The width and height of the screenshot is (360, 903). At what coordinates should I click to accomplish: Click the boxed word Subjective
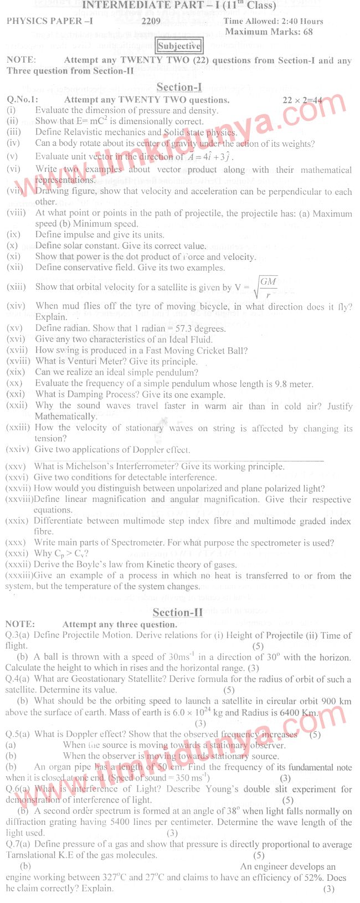pos(179,46)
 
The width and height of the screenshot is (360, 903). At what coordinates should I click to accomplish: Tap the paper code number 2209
pos(151,22)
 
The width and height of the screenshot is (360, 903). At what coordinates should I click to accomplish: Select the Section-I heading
pos(179,87)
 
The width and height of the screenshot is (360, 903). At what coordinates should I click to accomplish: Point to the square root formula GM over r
pos(266,288)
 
